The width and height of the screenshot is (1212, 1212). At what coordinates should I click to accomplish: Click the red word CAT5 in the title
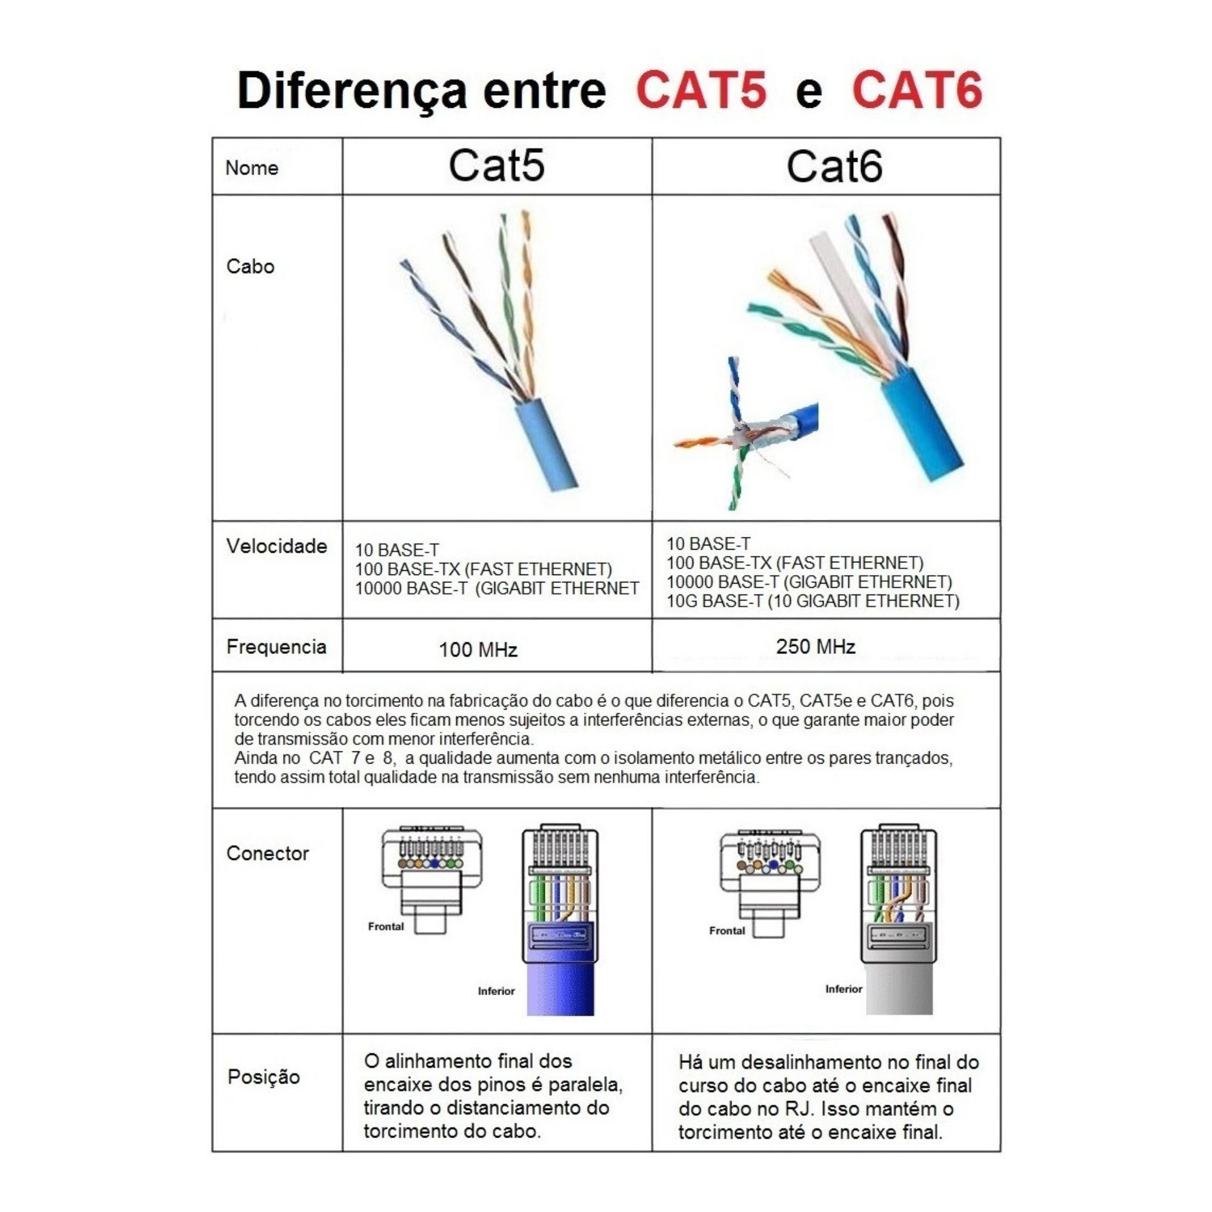click(x=701, y=90)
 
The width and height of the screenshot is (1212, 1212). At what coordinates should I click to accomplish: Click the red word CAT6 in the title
click(x=916, y=90)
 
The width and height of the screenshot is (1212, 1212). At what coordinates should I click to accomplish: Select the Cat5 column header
click(x=496, y=166)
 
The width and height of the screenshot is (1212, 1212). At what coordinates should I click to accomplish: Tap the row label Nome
click(x=251, y=168)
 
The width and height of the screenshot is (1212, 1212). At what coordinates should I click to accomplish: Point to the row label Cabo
click(x=250, y=267)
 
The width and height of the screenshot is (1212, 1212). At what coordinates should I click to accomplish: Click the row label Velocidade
click(x=277, y=547)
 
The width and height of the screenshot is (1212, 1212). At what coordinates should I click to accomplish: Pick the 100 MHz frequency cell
click(x=478, y=650)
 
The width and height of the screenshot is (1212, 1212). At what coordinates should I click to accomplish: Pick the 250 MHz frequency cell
click(x=816, y=647)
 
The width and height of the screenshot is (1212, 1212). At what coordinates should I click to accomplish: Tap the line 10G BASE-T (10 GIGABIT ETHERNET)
click(x=813, y=602)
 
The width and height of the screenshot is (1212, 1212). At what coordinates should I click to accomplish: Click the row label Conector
click(x=268, y=854)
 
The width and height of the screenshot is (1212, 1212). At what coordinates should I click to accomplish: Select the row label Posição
click(x=264, y=1077)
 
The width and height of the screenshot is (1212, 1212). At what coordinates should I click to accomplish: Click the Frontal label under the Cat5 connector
click(x=386, y=927)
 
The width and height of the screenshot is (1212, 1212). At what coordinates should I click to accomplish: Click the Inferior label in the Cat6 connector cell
click(x=843, y=990)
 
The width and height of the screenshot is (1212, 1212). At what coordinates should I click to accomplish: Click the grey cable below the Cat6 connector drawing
click(x=898, y=991)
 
